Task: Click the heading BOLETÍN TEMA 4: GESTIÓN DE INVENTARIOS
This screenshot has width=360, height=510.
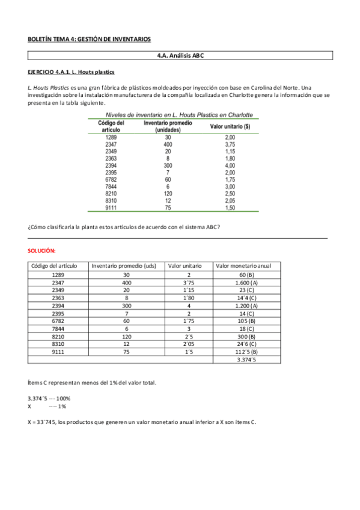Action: point(89,39)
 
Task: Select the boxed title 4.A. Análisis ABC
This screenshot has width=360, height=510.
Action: point(180,55)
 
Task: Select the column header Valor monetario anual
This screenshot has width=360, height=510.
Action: point(243,266)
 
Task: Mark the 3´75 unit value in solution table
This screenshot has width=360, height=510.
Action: point(188,282)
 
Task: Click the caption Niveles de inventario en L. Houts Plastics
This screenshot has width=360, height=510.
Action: point(179,115)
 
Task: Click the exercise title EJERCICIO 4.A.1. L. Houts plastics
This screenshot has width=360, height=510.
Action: point(72,72)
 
